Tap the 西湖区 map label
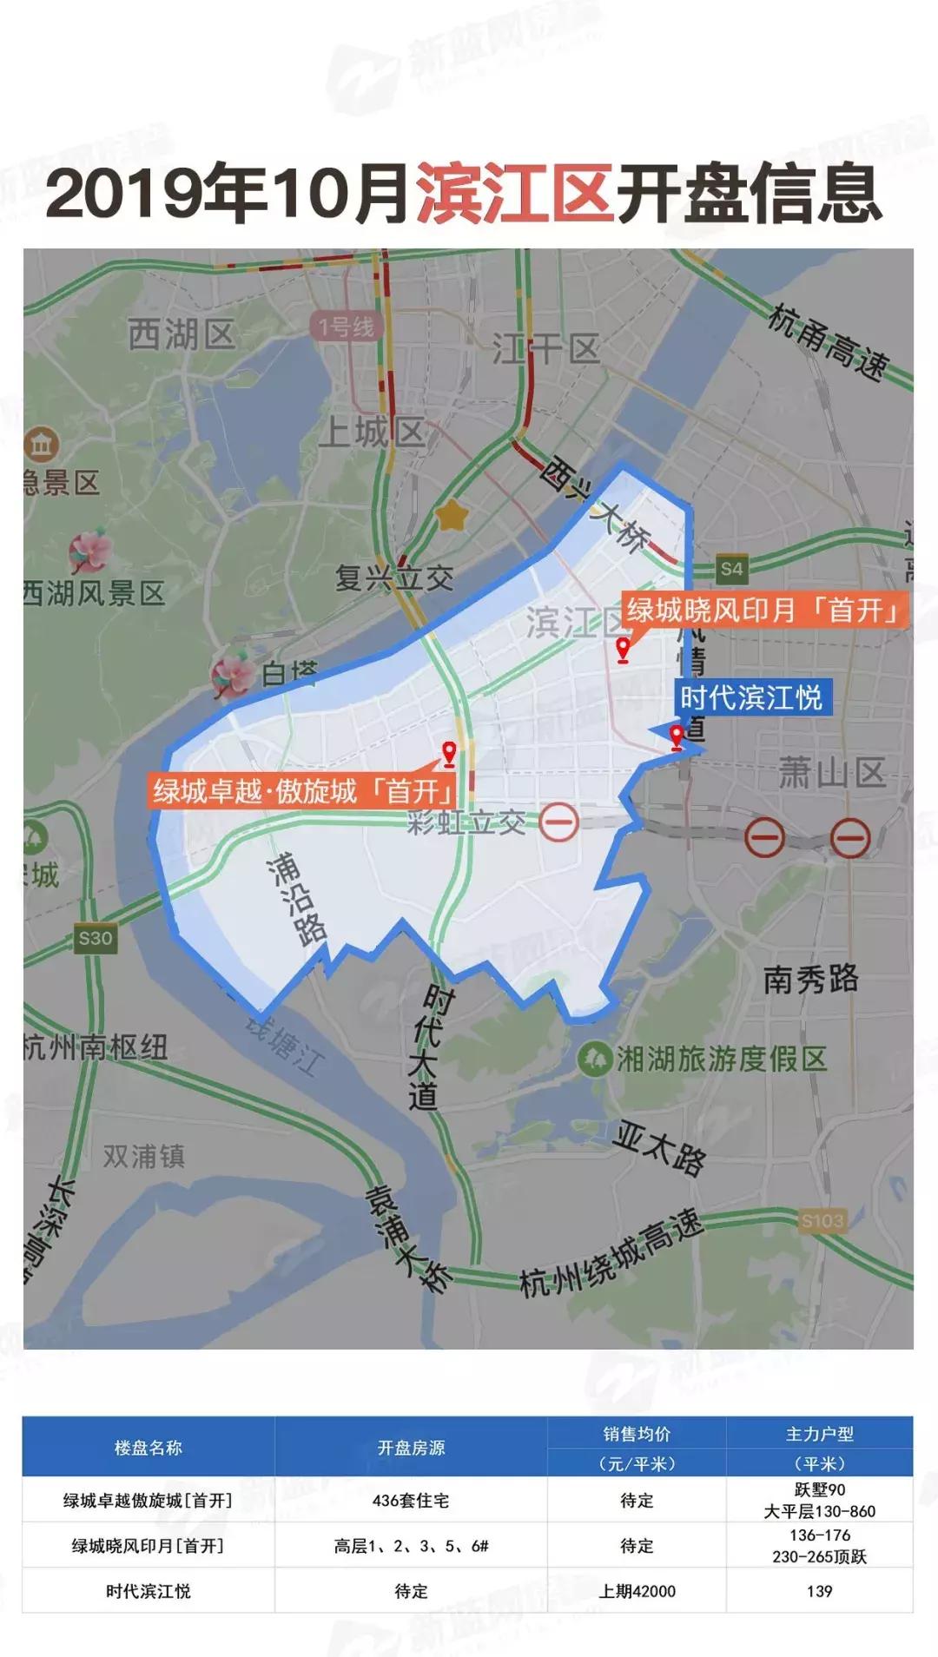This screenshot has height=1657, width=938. coord(182,333)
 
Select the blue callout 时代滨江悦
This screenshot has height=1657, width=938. coord(752,697)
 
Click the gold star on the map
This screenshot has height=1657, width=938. coord(452,517)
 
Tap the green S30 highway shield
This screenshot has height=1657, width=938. coord(95,938)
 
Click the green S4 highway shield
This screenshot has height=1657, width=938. coord(732,569)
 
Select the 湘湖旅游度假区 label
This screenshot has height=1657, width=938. coord(720,1059)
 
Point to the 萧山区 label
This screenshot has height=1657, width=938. coord(831,772)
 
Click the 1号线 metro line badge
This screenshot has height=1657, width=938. coord(346,327)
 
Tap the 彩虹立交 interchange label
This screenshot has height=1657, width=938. coord(466,822)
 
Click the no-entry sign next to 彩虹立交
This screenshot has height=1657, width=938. coord(558,821)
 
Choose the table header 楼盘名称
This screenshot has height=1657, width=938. coord(149,1448)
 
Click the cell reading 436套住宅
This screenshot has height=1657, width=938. coord(411,1500)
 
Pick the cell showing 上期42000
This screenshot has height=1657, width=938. coord(637,1591)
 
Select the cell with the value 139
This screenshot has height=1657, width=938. coord(819,1591)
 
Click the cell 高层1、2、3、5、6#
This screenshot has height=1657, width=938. coord(411,1546)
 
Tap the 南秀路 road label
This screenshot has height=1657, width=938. coord(810,980)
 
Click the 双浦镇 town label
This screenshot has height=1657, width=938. coord(143,1156)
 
